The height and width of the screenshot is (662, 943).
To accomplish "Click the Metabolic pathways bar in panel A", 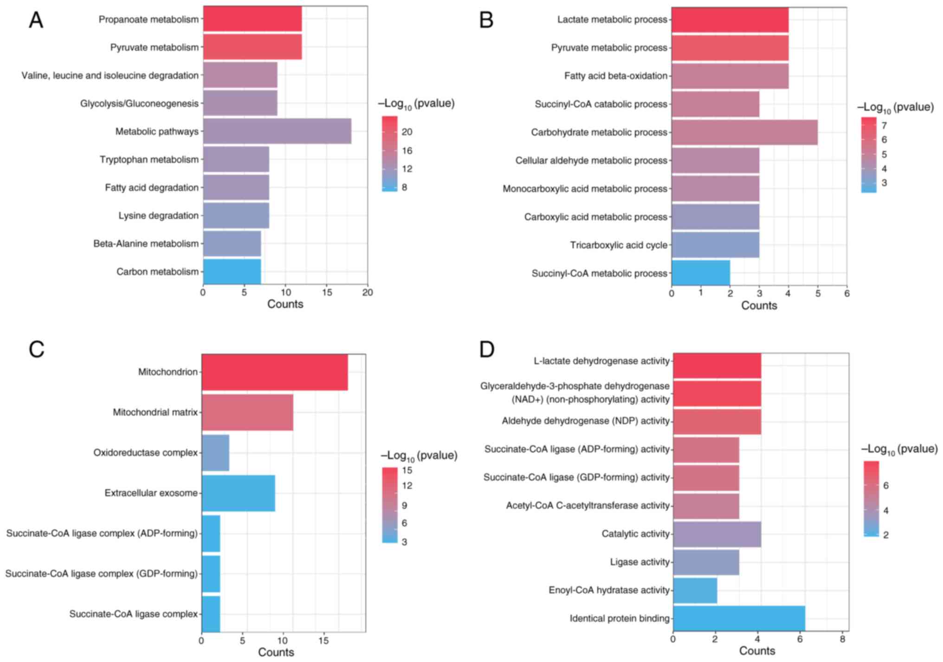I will tap(277, 131).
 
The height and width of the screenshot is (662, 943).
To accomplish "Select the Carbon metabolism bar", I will tap(232, 272).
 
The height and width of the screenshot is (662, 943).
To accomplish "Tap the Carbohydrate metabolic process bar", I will tap(744, 132).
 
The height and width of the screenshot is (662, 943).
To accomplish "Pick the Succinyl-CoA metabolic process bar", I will tap(701, 273).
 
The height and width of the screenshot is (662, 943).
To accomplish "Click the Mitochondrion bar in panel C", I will tap(275, 372).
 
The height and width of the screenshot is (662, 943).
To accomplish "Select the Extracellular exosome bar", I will tap(239, 493).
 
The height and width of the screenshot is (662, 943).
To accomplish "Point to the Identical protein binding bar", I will tap(739, 618).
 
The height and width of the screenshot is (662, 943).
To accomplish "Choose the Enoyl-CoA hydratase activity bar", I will tap(695, 590).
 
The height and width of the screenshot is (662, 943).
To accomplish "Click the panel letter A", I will tap(36, 21).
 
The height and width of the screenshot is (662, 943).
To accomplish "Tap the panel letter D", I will tap(487, 349).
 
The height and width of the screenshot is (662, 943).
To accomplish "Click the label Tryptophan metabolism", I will tap(149, 160).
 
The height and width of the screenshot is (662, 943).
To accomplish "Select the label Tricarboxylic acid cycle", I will tap(619, 245).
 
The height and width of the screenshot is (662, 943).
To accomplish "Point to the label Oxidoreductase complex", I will tap(145, 453).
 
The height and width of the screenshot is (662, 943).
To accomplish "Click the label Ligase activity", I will tap(640, 562).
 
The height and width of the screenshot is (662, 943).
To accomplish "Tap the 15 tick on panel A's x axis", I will tap(327, 293).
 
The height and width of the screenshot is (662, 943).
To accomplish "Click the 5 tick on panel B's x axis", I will tap(818, 294).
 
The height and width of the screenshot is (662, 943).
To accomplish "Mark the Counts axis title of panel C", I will tap(276, 652).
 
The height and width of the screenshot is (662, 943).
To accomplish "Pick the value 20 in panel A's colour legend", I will tap(407, 132).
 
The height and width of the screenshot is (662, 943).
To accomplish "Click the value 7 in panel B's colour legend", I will tap(884, 125).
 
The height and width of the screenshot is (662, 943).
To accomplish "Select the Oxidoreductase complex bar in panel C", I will tap(215, 453).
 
